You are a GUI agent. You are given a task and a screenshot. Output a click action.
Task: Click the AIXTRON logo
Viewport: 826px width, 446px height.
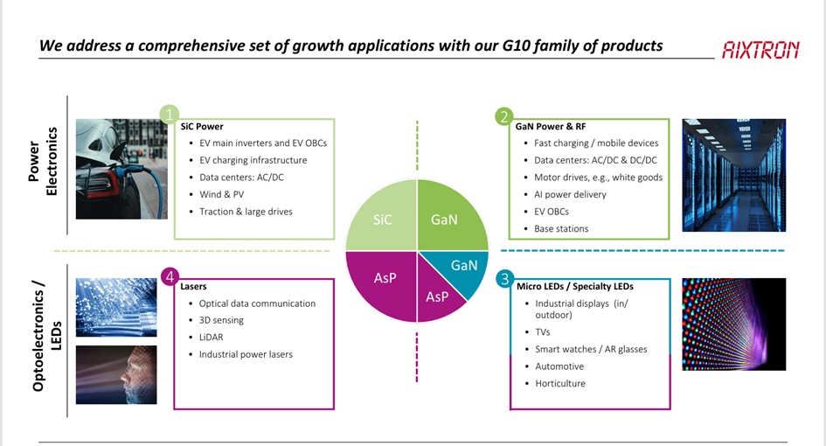pyautogui.click(x=760, y=50)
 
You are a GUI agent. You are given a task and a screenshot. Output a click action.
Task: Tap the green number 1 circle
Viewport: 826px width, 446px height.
pyautogui.click(x=169, y=115)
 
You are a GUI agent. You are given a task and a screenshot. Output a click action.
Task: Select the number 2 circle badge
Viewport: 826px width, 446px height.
pyautogui.click(x=504, y=116)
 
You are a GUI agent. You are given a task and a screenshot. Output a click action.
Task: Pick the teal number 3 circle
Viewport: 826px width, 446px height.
pyautogui.click(x=504, y=278)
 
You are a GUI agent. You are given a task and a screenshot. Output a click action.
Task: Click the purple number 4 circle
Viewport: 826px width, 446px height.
pyautogui.click(x=170, y=276)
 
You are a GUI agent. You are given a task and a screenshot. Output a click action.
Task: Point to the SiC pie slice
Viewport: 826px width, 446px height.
pyautogui.click(x=382, y=219)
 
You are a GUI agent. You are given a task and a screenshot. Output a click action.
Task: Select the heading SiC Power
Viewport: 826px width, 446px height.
pyautogui.click(x=202, y=127)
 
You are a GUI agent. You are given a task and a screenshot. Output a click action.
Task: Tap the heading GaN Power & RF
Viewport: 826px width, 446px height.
pyautogui.click(x=551, y=127)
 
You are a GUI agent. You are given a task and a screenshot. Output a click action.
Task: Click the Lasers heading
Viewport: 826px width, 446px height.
pyautogui.click(x=193, y=286)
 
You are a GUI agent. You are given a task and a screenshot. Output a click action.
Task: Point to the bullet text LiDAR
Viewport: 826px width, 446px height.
pyautogui.click(x=211, y=337)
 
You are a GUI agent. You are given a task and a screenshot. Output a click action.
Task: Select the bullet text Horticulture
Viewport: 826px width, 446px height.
pyautogui.click(x=560, y=383)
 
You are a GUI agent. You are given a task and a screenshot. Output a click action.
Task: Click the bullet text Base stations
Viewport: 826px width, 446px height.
pyautogui.click(x=561, y=228)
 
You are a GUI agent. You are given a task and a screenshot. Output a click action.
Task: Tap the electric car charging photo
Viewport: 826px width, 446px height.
pyautogui.click(x=121, y=169)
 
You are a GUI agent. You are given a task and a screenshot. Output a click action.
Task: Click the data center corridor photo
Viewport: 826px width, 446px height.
pyautogui.click(x=734, y=175)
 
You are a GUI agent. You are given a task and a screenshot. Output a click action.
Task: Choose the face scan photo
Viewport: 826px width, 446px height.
pyautogui.click(x=116, y=375)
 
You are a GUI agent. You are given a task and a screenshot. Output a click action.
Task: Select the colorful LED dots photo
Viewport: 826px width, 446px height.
pyautogui.click(x=734, y=324)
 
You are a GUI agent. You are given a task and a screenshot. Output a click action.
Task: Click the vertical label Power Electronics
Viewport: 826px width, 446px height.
pyautogui.click(x=43, y=161)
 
